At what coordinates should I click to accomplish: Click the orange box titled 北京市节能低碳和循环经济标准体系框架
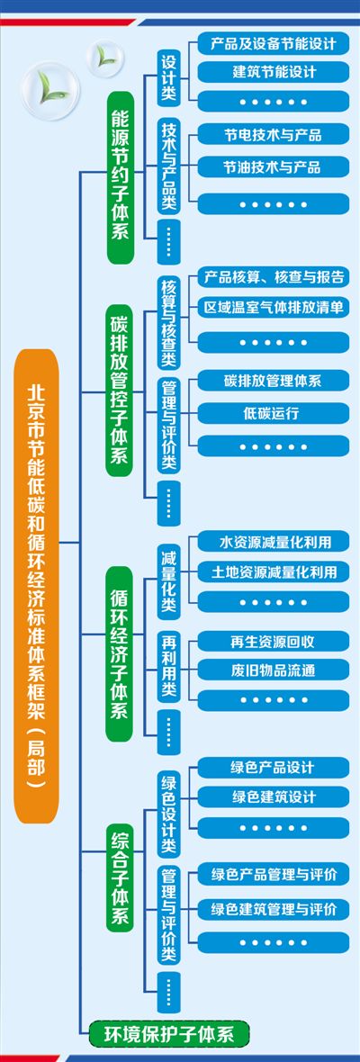coord(37,586)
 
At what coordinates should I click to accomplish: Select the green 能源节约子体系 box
coord(120,176)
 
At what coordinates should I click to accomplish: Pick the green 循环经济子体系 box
coord(120,653)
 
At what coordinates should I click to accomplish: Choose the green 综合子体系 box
coord(120,877)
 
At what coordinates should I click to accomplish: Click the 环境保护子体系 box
coord(170,1034)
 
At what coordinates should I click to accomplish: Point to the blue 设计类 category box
coord(168,77)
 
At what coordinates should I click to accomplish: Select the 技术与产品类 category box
coord(168,165)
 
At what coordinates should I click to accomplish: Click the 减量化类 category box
coord(168,580)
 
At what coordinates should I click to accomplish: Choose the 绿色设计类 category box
coord(168,815)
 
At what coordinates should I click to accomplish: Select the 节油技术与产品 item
coord(274,166)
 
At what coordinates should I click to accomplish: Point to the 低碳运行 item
coord(274,413)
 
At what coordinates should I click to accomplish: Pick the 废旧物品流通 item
coord(274,670)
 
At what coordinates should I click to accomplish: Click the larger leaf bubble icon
coord(50,92)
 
